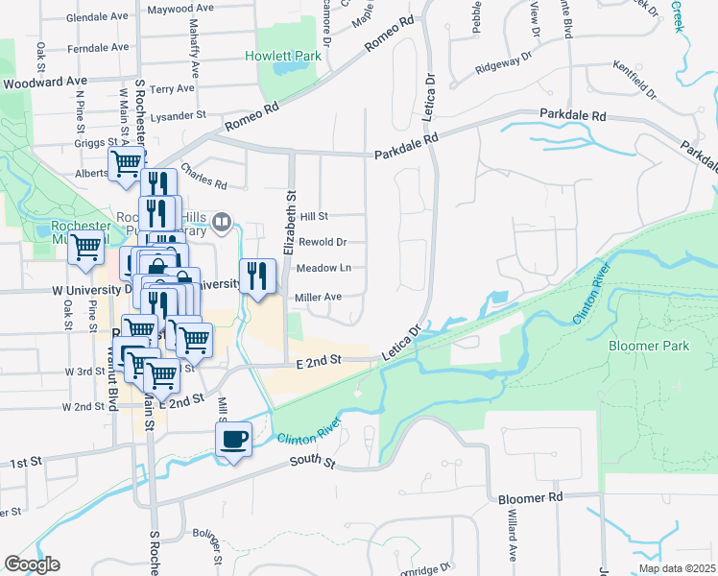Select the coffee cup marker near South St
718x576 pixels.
coord(233,441)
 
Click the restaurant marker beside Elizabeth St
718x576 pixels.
coord(256,276)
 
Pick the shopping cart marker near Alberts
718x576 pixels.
coord(126,165)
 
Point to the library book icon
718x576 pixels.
coord(223,224)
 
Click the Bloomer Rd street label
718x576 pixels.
coord(529,499)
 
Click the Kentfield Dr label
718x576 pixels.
coord(634,80)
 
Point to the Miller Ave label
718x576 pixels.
coord(319,298)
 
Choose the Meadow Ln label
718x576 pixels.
coord(323,268)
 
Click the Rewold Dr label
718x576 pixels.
coord(323,242)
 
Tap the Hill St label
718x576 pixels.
coord(314,217)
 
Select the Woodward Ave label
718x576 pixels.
coord(45,83)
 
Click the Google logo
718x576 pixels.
coord(32,564)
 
